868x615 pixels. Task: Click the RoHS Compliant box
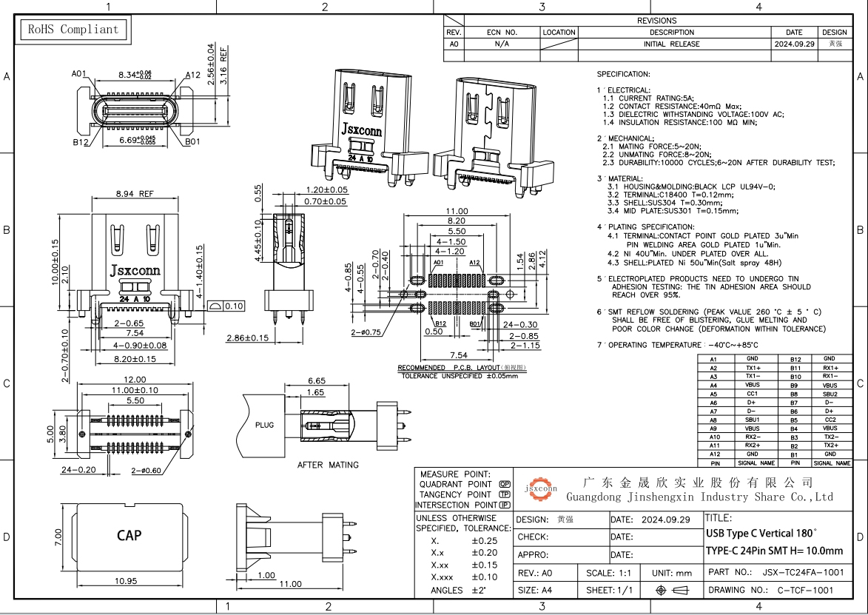tap(73, 30)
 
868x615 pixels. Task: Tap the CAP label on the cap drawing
tap(128, 535)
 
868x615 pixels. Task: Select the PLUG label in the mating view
tap(264, 426)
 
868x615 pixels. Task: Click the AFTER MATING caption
tap(328, 465)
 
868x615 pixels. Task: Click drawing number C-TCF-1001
tap(804, 590)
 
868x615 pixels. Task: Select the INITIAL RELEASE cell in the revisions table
tap(672, 44)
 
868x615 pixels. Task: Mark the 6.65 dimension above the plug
tap(316, 380)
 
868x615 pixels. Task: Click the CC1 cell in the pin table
tap(752, 394)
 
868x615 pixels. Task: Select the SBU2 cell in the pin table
tap(830, 394)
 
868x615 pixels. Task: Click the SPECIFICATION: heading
tap(623, 75)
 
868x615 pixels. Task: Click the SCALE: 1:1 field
tap(608, 574)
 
